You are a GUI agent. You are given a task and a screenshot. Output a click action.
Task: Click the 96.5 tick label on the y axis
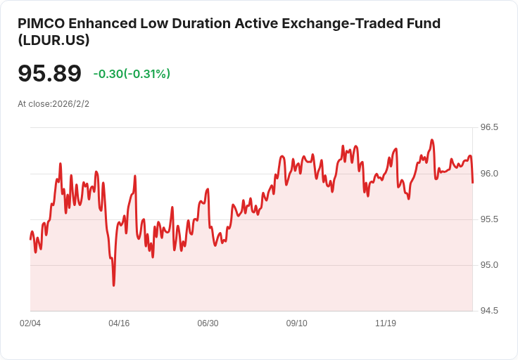click(489, 127)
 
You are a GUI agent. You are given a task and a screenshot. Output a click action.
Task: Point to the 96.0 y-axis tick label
click(489, 174)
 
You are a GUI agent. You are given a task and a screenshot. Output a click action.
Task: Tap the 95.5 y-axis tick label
click(489, 219)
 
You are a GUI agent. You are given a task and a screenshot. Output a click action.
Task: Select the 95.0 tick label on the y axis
click(489, 265)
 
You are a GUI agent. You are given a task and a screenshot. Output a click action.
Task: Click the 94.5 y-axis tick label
click(489, 311)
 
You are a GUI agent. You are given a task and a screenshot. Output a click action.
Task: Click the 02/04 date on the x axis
click(30, 323)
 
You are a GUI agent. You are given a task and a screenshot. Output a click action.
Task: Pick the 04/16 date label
click(119, 323)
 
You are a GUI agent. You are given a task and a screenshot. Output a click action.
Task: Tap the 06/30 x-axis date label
click(208, 323)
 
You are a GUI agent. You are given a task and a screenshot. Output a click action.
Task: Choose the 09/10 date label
click(297, 323)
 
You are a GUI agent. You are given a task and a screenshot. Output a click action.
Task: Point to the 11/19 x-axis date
click(386, 323)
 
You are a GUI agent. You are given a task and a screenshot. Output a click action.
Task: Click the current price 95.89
click(49, 73)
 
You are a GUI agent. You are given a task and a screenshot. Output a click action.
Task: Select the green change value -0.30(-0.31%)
click(132, 74)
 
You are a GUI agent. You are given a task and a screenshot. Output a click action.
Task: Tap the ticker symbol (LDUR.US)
click(54, 40)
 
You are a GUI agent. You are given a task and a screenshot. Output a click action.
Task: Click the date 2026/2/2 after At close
click(70, 104)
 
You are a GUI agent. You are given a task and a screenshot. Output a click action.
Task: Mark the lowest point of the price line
click(114, 285)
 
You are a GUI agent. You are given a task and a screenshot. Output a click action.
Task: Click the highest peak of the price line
click(432, 140)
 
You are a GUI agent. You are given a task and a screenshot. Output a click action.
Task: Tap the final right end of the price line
click(473, 183)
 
